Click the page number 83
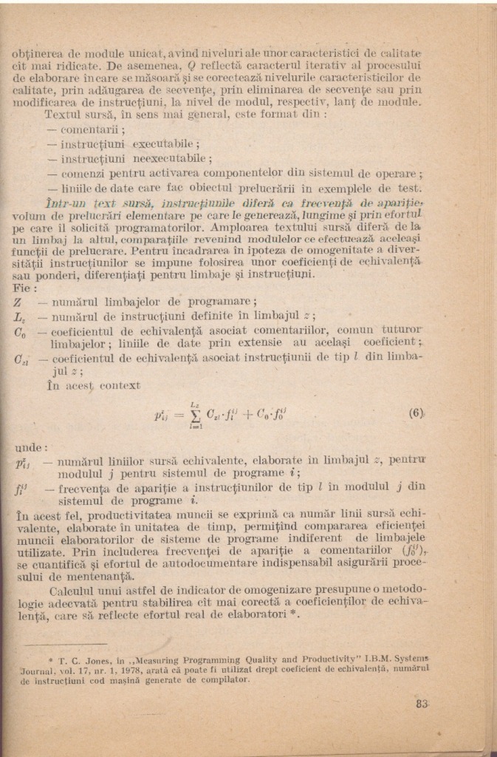422,704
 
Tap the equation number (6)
417,413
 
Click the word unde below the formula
30,447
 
